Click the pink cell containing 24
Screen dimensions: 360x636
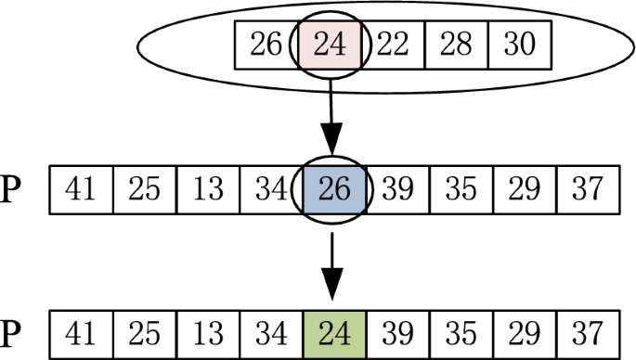(331, 44)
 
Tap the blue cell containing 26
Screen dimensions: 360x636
(335, 190)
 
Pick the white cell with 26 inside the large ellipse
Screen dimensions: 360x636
(266, 44)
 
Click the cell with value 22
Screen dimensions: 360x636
(393, 44)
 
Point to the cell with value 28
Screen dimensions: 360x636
(456, 44)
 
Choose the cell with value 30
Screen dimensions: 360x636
(519, 44)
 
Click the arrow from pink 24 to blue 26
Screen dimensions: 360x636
(331, 115)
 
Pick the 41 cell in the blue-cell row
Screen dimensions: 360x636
(81, 190)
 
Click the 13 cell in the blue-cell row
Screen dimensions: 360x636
(208, 190)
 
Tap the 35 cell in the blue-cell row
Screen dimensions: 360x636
(461, 190)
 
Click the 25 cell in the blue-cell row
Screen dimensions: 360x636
(145, 190)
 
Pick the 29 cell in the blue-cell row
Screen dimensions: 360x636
(525, 190)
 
